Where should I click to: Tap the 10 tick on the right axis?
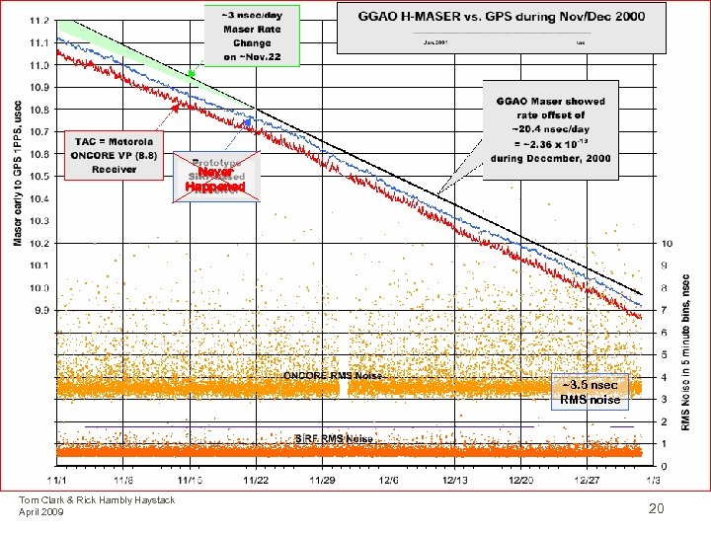(x=667, y=243)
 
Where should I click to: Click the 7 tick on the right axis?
(x=664, y=310)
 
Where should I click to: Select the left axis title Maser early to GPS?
(x=17, y=170)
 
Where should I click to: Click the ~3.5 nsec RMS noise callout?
(x=590, y=392)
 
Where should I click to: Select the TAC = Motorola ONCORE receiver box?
(x=115, y=155)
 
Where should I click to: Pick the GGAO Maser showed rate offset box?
(x=550, y=130)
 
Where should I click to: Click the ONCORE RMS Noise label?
(x=332, y=375)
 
